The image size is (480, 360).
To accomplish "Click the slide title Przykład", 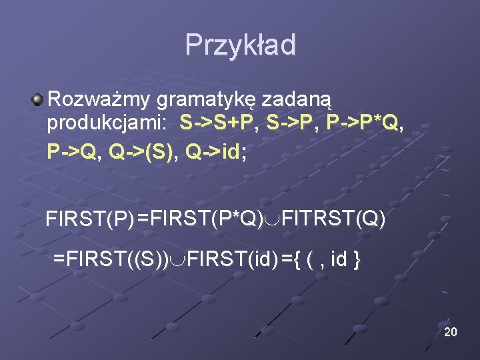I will point(240,45).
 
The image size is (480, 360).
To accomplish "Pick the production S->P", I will point(292,124).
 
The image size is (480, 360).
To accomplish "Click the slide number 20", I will point(450,331).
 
